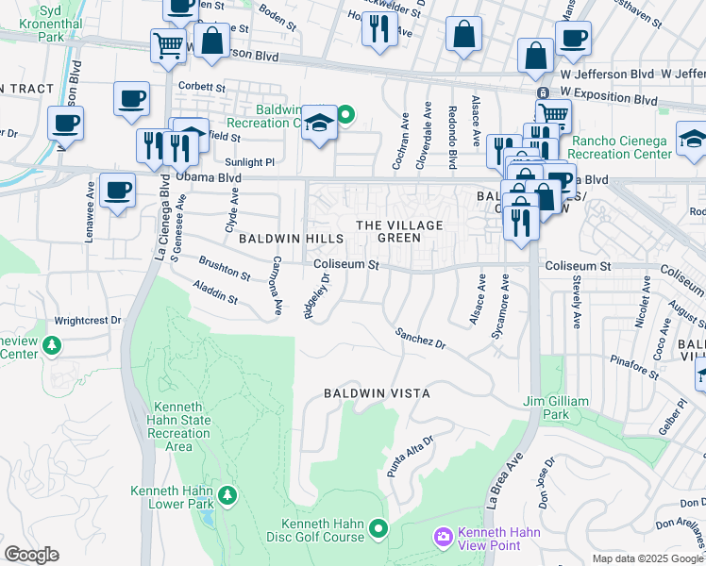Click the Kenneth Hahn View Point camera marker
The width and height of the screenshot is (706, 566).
click(x=443, y=537)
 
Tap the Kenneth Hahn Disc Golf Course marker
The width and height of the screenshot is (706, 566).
click(x=379, y=529)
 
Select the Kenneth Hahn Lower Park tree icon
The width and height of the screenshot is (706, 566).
click(x=226, y=494)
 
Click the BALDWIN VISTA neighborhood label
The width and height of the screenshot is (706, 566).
click(x=377, y=392)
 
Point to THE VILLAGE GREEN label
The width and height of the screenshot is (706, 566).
click(x=398, y=231)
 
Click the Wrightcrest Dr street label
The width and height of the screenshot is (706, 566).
click(x=89, y=320)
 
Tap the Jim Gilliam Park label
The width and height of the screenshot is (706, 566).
click(x=556, y=408)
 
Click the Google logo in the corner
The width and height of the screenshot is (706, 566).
click(x=31, y=555)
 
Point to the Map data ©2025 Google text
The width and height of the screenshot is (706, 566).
click(x=647, y=558)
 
